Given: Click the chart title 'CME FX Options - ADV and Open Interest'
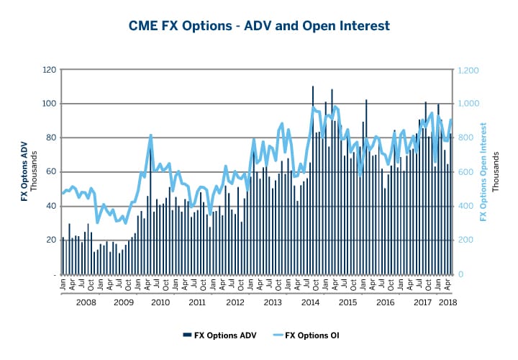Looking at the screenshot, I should click(x=259, y=26).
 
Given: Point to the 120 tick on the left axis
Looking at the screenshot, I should click(x=49, y=70).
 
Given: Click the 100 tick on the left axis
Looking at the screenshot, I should click(x=49, y=104).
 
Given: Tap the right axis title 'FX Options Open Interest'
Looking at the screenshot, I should click(x=483, y=172).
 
